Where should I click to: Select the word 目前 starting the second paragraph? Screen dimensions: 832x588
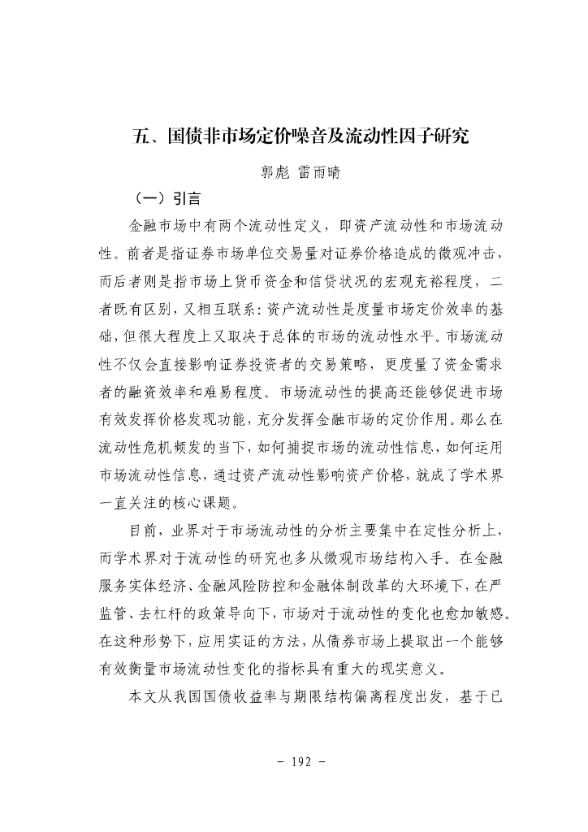144,532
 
